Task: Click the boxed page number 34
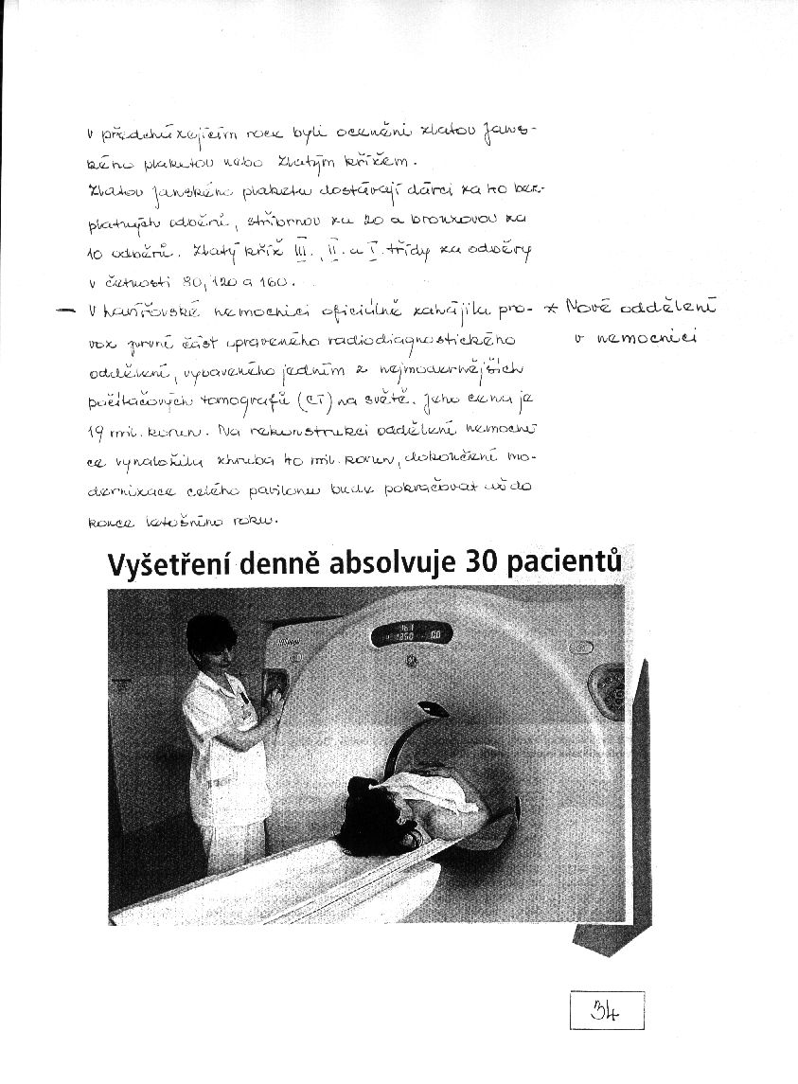point(607,1009)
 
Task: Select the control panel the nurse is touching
point(275,688)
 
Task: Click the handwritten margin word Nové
point(589,307)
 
